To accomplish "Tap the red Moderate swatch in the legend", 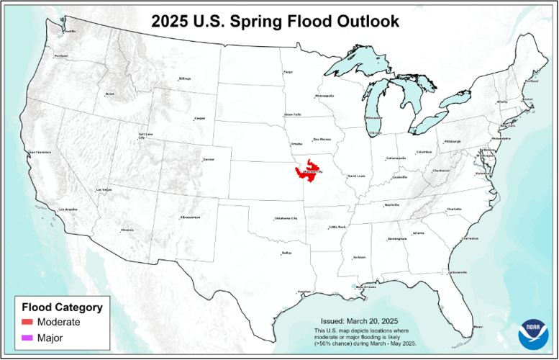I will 28,322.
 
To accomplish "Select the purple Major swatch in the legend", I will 28,337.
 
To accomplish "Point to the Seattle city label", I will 70,31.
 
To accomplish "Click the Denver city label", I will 209,159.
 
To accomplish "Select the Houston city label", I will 304,292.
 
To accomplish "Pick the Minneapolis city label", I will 324,96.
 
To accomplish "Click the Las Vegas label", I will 104,189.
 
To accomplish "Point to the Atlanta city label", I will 419,233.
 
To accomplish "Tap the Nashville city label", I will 392,205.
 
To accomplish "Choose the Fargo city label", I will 288,72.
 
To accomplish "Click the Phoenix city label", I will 127,230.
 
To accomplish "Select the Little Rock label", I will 337,228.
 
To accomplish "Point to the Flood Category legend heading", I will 63,307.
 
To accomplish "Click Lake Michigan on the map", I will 376,101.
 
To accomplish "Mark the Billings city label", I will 185,78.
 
